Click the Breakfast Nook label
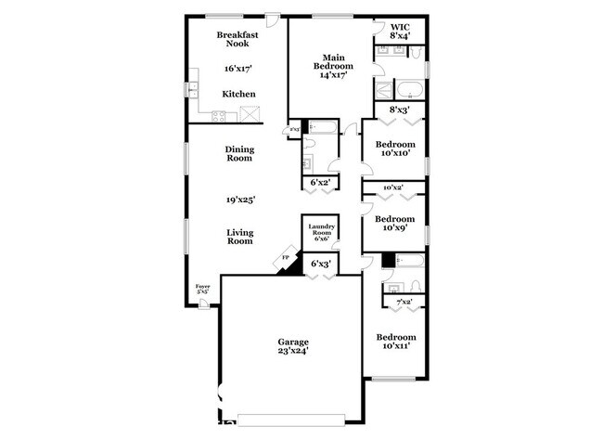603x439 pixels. [x=237, y=40]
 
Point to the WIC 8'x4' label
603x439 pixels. [x=400, y=32]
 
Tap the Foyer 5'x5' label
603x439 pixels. [x=202, y=290]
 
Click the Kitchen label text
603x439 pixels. [x=238, y=94]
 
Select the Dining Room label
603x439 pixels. [x=239, y=153]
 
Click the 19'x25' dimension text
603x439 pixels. [x=239, y=199]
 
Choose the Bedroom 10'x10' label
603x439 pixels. [x=395, y=148]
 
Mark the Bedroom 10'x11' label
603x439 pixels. [x=395, y=341]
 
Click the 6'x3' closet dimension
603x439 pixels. [x=321, y=265]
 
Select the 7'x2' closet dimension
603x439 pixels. [x=404, y=303]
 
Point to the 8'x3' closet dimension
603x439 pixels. [x=399, y=110]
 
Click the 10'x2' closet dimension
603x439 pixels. [x=392, y=187]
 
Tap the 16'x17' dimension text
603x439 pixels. [x=238, y=69]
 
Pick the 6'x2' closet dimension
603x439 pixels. [x=321, y=183]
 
